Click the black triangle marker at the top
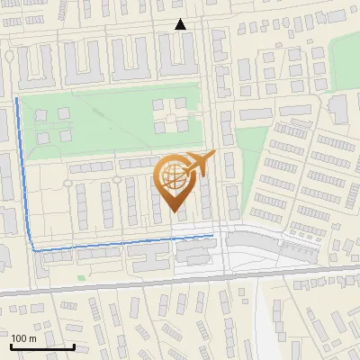pyautogui.click(x=181, y=25)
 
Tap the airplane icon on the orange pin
pyautogui.click(x=199, y=163)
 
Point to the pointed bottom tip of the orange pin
pyautogui.click(x=173, y=212)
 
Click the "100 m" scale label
pyautogui.click(x=23, y=337)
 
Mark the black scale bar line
pyautogui.click(x=42, y=346)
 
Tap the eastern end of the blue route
pyautogui.click(x=212, y=236)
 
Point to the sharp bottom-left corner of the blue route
pyautogui.click(x=34, y=249)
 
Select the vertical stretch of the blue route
pyautogui.click(x=24, y=171)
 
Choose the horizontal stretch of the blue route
pyautogui.click(x=117, y=243)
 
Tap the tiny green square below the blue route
pyautogui.click(x=80, y=278)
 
